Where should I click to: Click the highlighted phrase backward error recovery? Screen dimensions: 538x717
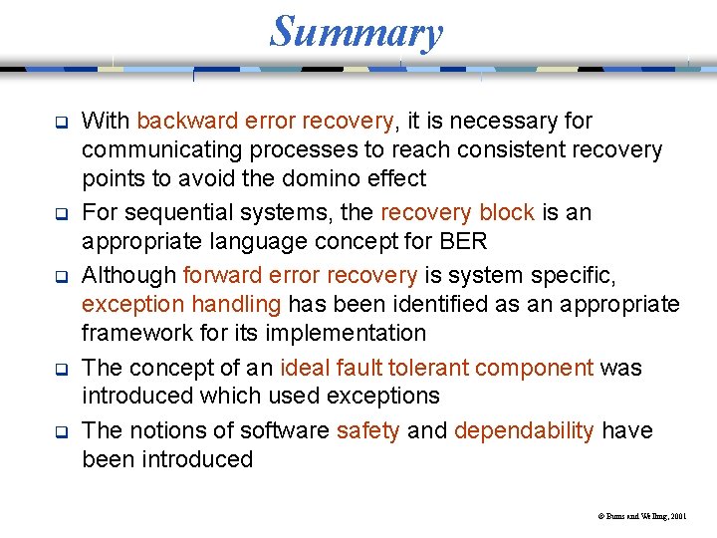(x=266, y=122)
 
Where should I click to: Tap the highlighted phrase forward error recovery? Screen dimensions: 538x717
(x=301, y=276)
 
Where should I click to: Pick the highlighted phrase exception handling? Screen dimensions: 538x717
(x=182, y=304)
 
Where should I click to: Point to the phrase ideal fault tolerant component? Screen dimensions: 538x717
(x=437, y=368)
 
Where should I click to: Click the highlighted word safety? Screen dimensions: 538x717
(x=368, y=431)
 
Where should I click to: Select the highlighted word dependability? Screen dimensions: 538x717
(x=524, y=431)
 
